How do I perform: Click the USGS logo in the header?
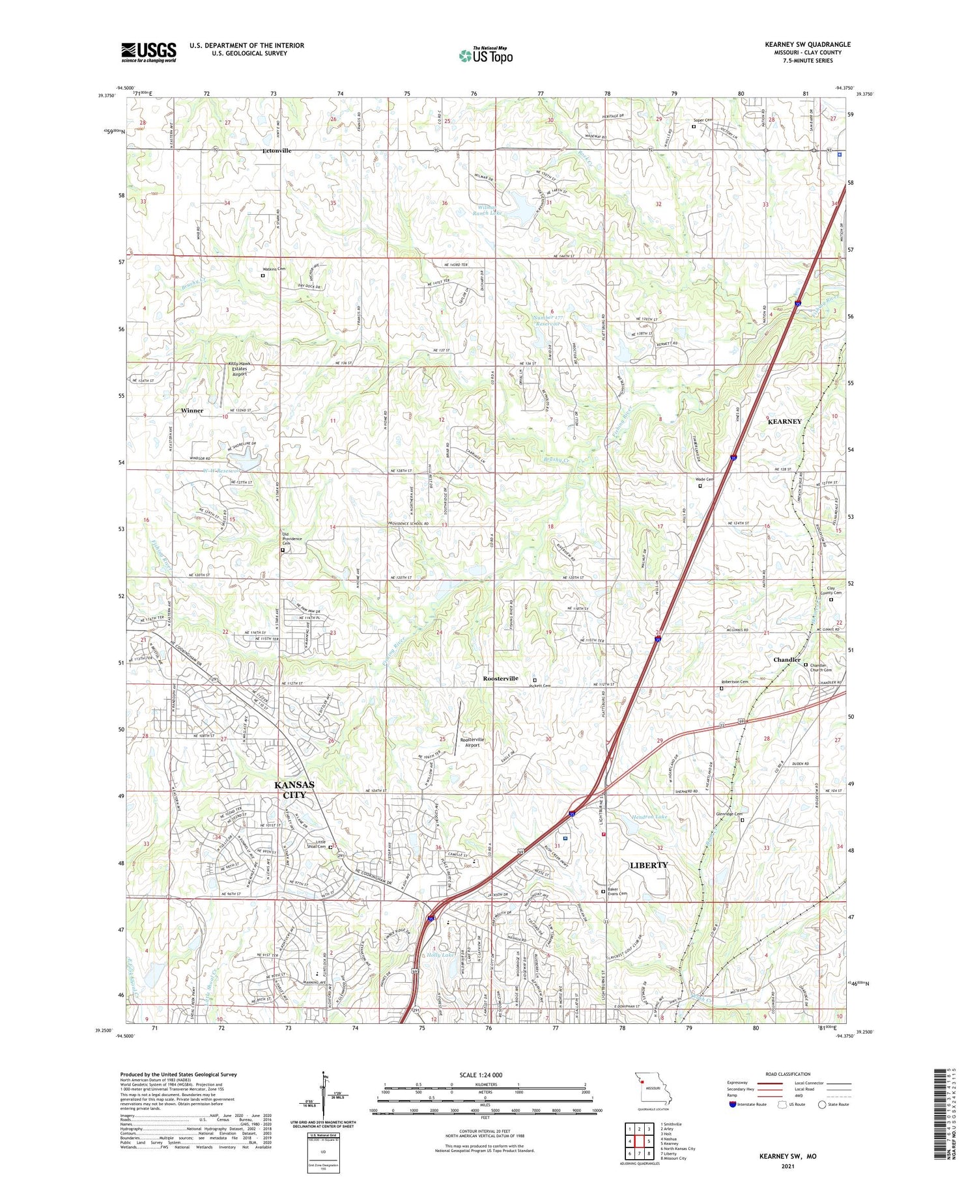[x=149, y=52]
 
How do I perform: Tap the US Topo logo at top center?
[x=485, y=55]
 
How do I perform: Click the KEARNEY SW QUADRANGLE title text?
[x=808, y=44]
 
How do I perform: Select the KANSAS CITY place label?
[x=294, y=789]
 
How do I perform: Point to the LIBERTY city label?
[x=649, y=865]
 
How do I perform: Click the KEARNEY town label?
[x=784, y=421]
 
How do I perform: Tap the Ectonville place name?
[x=277, y=150]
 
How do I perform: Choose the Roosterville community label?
[x=500, y=678]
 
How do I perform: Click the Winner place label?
[x=192, y=411]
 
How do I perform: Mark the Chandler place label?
[x=787, y=659]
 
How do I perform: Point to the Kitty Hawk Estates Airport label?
[x=238, y=368]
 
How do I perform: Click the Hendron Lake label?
[x=649, y=816]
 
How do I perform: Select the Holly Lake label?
[x=440, y=955]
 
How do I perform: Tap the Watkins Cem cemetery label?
[x=273, y=268]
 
